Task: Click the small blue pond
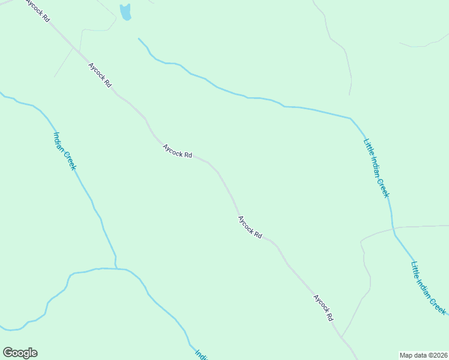125,12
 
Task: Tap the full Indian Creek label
65,151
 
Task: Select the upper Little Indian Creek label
377,169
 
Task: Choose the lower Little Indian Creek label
429,287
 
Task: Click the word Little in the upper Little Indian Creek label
368,147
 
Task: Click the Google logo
20,353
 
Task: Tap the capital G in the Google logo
8,353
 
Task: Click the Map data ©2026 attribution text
423,355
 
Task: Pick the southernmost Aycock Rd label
323,308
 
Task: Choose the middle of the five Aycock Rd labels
177,151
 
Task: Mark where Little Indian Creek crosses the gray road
393,228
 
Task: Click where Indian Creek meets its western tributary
116,268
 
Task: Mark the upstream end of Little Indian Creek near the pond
139,39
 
